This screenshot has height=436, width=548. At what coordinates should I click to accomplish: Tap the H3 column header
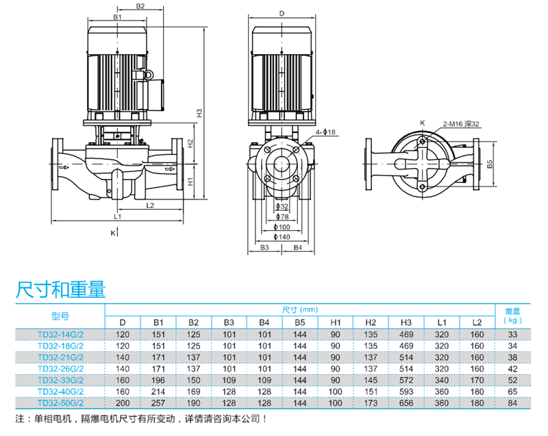406,322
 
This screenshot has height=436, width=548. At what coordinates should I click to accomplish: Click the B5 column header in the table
299,322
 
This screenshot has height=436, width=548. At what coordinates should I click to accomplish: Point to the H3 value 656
406,403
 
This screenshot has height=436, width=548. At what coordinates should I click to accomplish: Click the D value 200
123,403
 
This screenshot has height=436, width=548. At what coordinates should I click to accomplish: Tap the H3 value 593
406,391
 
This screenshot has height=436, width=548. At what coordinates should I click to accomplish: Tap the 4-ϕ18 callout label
325,132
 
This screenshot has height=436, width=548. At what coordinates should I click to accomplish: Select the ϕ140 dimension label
282,237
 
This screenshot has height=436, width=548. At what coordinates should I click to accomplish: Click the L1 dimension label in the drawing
118,217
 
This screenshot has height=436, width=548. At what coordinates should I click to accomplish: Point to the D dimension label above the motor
281,13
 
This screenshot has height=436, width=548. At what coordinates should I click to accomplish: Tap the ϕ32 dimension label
282,206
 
